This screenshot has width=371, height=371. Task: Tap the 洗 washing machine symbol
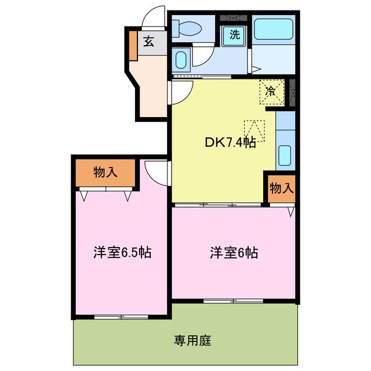tap(235, 34)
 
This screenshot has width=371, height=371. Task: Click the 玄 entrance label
tap(148, 41)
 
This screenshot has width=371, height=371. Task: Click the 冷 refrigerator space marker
tap(271, 90)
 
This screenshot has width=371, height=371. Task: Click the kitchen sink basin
tap(284, 155)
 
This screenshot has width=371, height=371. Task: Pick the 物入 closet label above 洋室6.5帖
tap(106, 172)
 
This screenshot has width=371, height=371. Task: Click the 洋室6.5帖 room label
tap(122, 253)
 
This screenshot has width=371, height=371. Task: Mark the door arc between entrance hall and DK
tap(181, 92)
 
